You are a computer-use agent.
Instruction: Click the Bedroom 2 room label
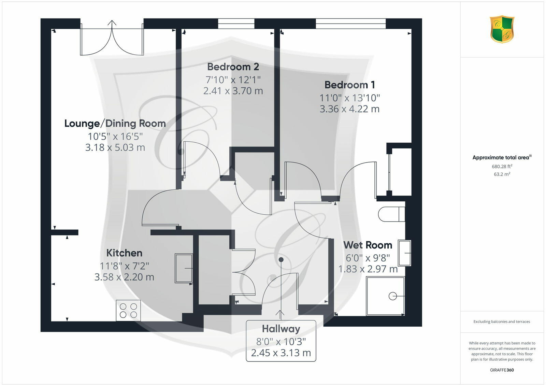[233, 67]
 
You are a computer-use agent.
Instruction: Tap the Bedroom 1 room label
[349, 85]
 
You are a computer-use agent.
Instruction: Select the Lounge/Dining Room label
[115, 123]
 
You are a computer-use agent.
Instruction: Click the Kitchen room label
[124, 253]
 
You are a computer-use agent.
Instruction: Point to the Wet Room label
[368, 245]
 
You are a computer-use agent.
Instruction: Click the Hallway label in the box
[281, 329]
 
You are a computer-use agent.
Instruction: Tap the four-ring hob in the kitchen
[128, 310]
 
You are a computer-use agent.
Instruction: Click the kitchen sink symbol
[184, 268]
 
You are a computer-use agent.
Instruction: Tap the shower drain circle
[393, 296]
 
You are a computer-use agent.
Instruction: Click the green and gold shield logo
[502, 29]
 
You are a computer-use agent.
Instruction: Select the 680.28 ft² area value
[502, 167]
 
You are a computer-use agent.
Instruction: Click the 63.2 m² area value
[502, 174]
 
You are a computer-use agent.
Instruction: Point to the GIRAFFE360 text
[502, 370]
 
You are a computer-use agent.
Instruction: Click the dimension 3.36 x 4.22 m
[349, 109]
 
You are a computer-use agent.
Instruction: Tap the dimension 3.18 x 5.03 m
[115, 147]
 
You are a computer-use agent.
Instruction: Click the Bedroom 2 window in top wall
[236, 24]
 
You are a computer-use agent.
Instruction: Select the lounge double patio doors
[112, 39]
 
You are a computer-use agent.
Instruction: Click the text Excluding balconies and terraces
[502, 322]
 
